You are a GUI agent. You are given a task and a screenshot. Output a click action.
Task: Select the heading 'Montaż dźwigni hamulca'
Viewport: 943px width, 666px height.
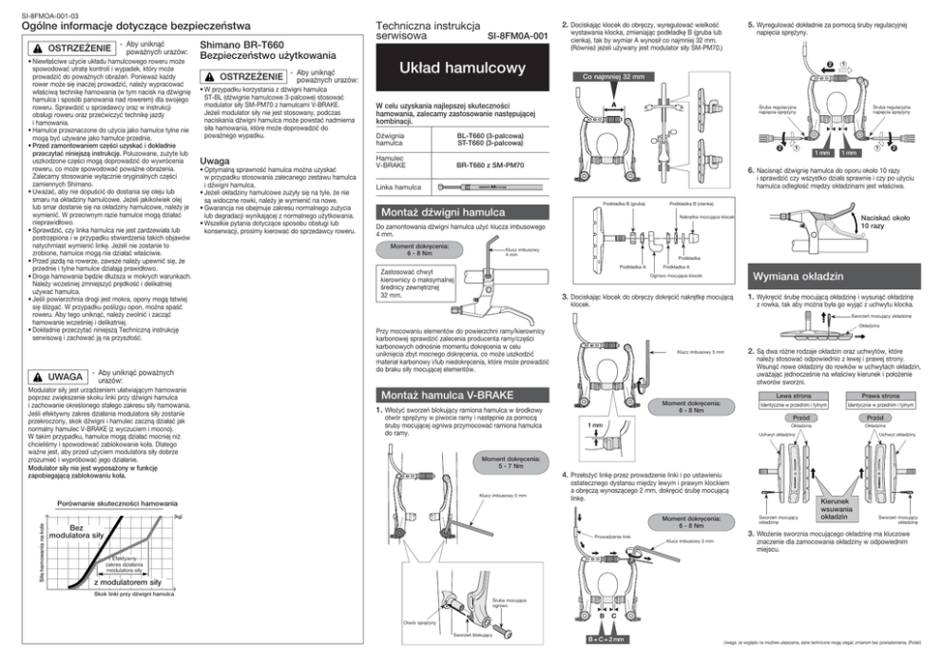[441, 212]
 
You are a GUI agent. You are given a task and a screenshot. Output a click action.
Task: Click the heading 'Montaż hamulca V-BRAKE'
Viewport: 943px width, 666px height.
[441, 395]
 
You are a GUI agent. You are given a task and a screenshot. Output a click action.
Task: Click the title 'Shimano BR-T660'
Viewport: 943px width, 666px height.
[240, 45]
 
